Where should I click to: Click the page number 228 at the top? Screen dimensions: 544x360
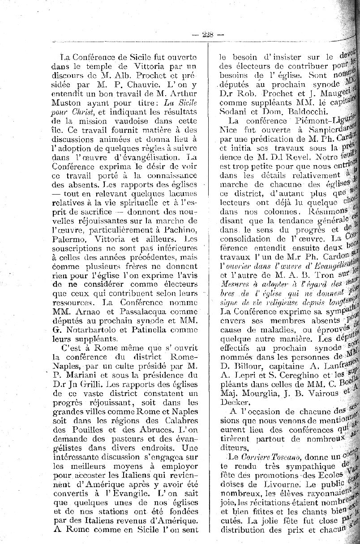tap(207, 33)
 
